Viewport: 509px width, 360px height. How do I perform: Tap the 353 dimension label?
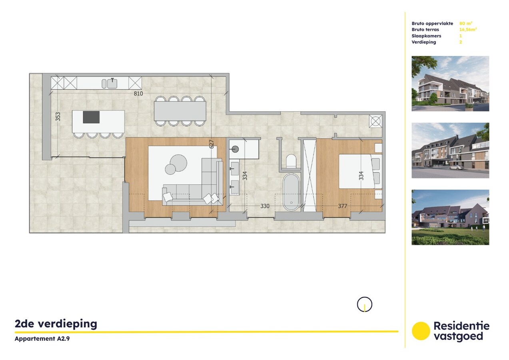pos(58,116)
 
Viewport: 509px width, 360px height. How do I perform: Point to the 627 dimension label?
pos(212,143)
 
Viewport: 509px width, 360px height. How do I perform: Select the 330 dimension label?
pos(265,206)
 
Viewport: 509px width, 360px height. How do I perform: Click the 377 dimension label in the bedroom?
pos(342,206)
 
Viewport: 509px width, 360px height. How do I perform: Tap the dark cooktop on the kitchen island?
pos(91,117)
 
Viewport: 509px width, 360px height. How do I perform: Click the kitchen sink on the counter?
pos(112,83)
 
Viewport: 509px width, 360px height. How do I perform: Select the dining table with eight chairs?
pos(180,111)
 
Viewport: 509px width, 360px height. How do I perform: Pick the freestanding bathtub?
pos(291,192)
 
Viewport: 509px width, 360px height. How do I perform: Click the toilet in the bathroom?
pos(291,161)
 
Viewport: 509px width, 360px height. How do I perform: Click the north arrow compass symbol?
pos(364,305)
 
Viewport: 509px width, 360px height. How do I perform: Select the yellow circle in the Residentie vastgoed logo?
pos(421,331)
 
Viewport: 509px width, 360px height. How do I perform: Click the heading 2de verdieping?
pos(56,324)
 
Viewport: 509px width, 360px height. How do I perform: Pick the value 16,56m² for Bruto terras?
pos(468,30)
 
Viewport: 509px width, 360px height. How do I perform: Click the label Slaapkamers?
pos(426,36)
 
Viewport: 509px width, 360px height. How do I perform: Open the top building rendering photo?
pos(450,83)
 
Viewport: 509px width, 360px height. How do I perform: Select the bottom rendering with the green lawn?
pos(450,217)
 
